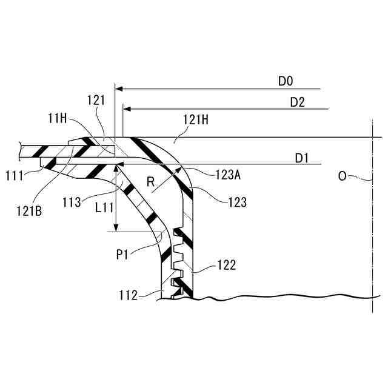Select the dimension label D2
296,102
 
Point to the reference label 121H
196,121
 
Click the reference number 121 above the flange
95,101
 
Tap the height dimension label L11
105,207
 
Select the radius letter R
152,181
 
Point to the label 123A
228,176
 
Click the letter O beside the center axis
343,176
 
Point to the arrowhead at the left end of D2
126,109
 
